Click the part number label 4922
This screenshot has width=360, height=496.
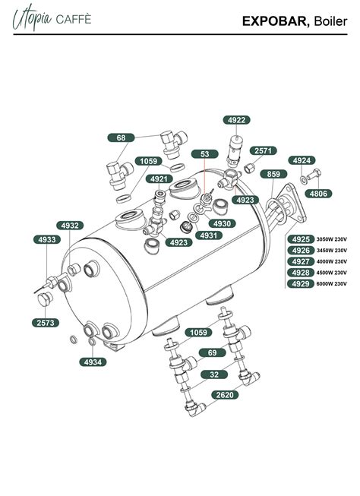pos(236,120)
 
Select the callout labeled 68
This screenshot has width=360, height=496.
pos(121,137)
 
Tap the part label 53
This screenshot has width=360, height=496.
pos(204,154)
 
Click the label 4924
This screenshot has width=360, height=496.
pos(302,161)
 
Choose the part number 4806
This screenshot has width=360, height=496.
pos(318,194)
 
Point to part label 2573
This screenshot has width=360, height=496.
pos(45,323)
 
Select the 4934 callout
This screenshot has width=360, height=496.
pos(94,362)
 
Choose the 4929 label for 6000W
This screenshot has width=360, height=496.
pos(301,283)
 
